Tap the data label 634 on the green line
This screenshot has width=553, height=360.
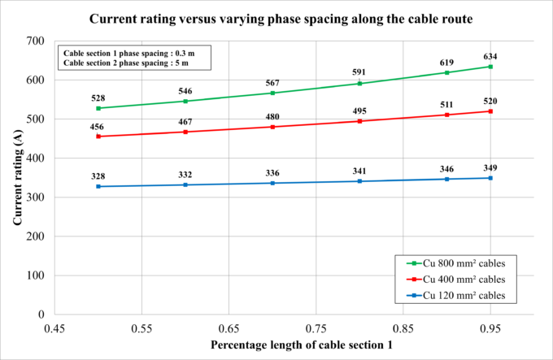(490, 56)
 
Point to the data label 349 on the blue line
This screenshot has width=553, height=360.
(490, 167)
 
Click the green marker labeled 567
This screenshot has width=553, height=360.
(272, 93)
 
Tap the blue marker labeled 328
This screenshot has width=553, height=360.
(98, 186)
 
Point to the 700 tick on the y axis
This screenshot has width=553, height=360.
(34, 41)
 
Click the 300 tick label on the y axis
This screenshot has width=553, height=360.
(34, 197)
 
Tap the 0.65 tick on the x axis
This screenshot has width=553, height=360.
(229, 330)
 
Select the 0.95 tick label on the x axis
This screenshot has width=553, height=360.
(490, 330)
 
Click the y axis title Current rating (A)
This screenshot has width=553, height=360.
(17, 176)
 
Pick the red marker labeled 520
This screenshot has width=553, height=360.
(490, 111)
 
